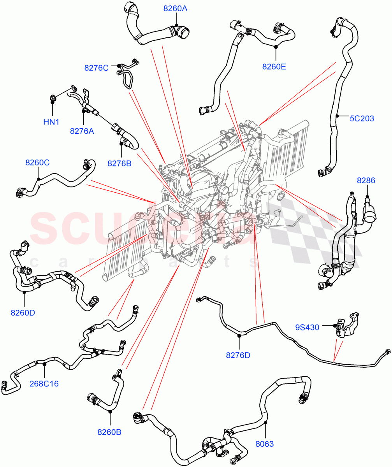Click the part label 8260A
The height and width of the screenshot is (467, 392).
click(x=175, y=8)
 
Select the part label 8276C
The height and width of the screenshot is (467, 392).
click(x=96, y=68)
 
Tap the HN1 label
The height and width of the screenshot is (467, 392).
click(x=51, y=122)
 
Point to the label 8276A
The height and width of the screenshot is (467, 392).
click(x=82, y=131)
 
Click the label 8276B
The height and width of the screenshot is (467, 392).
click(x=120, y=163)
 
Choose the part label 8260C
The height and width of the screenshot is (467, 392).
click(x=37, y=163)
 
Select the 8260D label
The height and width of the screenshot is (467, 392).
click(x=23, y=312)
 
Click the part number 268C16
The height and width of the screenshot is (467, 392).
click(x=44, y=384)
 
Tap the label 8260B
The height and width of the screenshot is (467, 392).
click(x=109, y=432)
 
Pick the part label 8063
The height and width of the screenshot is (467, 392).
click(x=265, y=444)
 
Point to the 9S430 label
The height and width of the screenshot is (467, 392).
click(x=307, y=327)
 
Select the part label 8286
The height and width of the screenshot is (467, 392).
click(x=366, y=180)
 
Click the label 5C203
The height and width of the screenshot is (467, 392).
click(x=362, y=118)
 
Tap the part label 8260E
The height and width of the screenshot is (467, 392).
click(x=274, y=67)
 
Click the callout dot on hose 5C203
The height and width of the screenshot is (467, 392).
click(x=337, y=116)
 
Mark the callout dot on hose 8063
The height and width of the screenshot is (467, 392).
click(x=265, y=422)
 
